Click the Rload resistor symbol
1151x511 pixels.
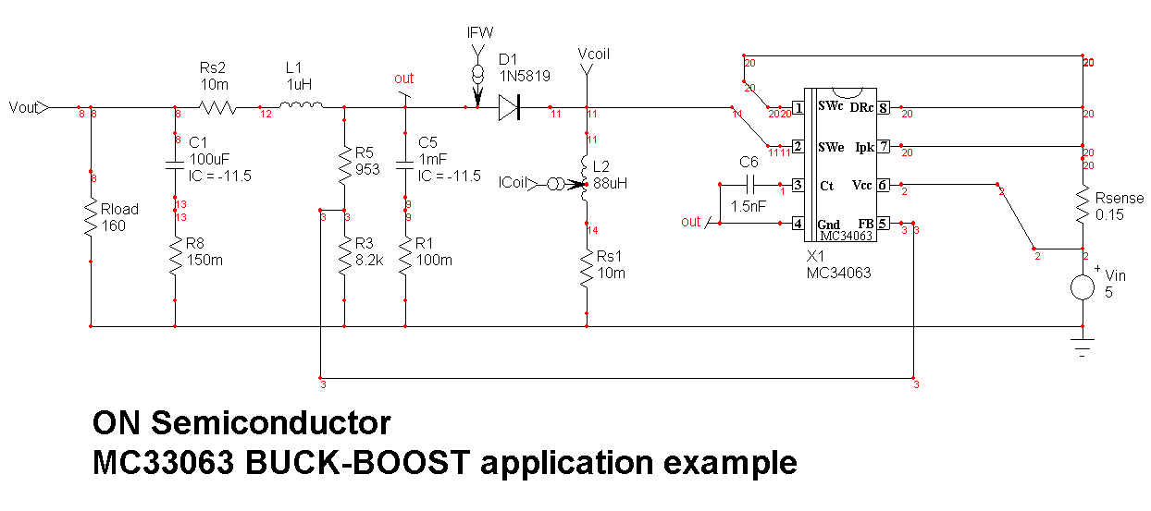(91, 220)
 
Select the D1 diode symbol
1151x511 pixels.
(510, 107)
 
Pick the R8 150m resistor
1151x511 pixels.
(175, 260)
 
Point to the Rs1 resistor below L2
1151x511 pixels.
(585, 269)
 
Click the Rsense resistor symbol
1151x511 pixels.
(1083, 207)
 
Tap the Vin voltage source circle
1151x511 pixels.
(1083, 286)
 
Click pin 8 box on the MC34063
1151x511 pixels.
(883, 108)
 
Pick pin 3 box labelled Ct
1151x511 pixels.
(797, 186)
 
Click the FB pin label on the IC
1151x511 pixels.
(865, 224)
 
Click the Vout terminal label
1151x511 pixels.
(22, 107)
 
